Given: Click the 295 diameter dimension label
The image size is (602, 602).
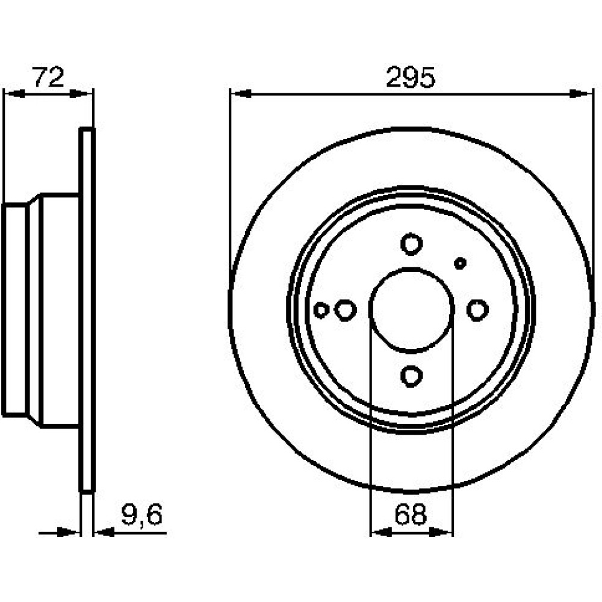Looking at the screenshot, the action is [411, 77].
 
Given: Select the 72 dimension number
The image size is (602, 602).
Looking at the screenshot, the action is [48, 76].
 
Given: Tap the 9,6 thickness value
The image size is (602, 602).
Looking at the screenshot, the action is [141, 515].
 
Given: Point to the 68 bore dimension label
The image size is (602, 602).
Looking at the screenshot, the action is [411, 515].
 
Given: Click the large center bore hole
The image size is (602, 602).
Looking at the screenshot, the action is [411, 309].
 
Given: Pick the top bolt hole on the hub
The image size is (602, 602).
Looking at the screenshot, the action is [411, 244].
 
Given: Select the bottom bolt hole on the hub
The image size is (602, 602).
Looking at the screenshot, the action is [411, 376].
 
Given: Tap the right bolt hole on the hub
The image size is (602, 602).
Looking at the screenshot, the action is [477, 310].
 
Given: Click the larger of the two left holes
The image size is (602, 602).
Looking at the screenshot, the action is [345, 310].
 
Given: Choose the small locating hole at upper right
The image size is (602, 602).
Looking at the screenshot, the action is [460, 264].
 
